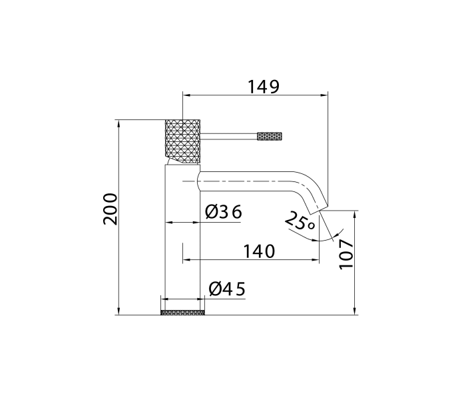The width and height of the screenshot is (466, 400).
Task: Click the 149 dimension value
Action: pyautogui.click(x=264, y=87)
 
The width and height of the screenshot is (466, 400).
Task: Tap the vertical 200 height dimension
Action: pyautogui.click(x=111, y=208)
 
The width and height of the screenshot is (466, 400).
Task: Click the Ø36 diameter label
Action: pyautogui.click(x=223, y=213)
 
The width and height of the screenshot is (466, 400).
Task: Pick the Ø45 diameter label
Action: pyautogui.click(x=226, y=289)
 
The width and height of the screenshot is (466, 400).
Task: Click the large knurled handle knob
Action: pyautogui.click(x=182, y=139)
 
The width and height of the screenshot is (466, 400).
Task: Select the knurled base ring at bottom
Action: pyautogui.click(x=182, y=312)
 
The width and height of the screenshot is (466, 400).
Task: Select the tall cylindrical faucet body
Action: pyautogui.click(x=182, y=240)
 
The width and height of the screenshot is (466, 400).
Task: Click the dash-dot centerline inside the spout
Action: pyautogui.click(x=246, y=181)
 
